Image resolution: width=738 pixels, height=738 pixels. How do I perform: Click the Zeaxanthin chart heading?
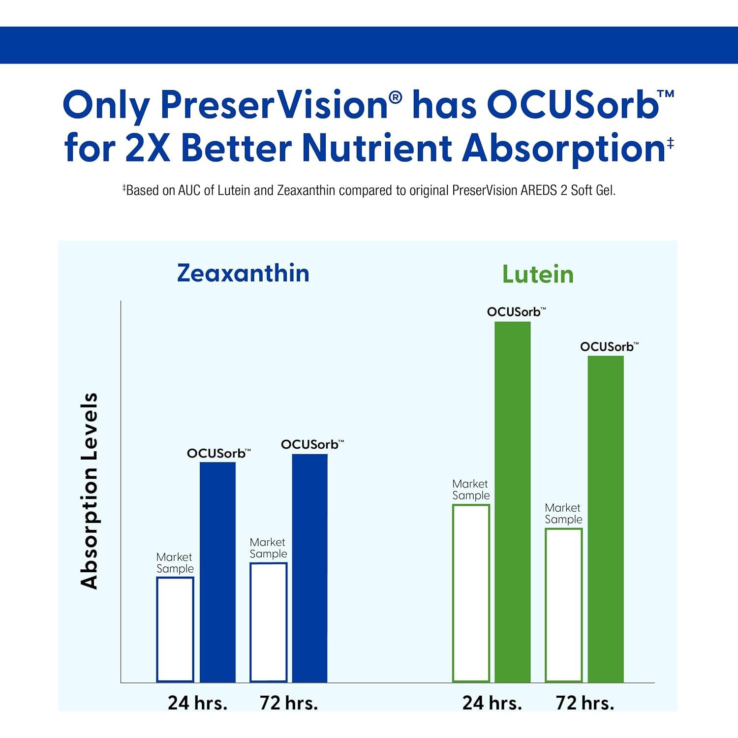(243, 273)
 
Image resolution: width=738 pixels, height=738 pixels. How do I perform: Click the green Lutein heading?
(538, 274)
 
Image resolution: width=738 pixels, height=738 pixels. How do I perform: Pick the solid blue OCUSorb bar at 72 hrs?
(309, 568)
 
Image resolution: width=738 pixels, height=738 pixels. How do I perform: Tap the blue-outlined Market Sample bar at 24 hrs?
(175, 630)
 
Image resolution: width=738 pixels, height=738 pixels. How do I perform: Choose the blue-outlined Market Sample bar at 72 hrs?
(268, 622)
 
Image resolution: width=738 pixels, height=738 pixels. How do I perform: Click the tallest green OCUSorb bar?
(512, 502)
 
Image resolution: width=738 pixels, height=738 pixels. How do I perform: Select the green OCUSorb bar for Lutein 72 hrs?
(605, 519)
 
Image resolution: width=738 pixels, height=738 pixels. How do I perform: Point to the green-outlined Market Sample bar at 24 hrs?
(471, 593)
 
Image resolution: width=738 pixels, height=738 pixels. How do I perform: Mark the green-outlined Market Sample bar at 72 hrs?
(563, 605)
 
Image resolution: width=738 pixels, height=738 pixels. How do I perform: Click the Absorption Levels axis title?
(90, 491)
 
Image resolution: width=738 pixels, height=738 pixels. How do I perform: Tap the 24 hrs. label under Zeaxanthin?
(197, 703)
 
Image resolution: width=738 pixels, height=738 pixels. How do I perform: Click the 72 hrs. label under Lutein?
(585, 703)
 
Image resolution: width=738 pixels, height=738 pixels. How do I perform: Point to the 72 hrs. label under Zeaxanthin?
(289, 703)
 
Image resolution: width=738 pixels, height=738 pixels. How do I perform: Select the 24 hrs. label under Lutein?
(492, 703)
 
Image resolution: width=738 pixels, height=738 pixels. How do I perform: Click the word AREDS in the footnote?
(539, 190)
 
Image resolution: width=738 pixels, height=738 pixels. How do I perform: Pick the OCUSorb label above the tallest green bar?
(514, 312)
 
